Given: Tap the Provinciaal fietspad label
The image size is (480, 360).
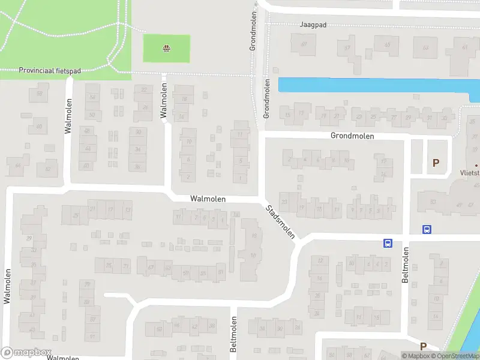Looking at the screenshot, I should coord(50,70).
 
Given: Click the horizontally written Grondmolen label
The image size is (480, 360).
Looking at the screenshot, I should coord(352,136).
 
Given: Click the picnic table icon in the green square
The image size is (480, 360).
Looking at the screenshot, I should coord(166,49).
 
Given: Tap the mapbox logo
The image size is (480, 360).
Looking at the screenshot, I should coord(26,353).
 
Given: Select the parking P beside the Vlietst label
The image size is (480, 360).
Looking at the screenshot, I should coord(436,162).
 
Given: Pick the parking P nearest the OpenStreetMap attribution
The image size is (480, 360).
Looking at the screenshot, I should coord(423,346).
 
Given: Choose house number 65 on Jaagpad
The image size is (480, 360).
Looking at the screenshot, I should coord(387,44).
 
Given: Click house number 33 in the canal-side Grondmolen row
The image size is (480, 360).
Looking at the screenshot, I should coord(445,118).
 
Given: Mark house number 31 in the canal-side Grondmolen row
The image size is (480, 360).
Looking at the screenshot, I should coord(429,118).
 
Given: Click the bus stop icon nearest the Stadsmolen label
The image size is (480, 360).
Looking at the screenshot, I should coord(388,243).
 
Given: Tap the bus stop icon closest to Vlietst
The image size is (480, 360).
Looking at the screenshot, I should coord(427,229).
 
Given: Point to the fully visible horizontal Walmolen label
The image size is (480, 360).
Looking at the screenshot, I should coord(207,198).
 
